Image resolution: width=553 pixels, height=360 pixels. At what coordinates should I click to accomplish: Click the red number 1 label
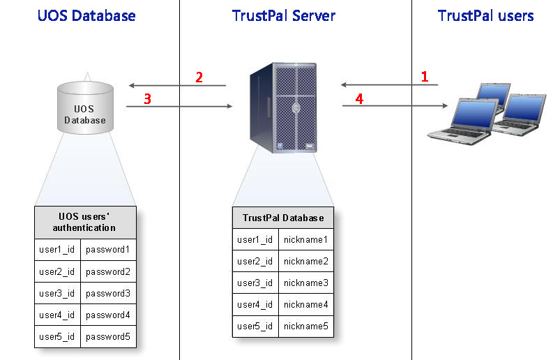coord(425,77)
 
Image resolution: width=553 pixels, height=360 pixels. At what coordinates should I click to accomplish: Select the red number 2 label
coord(199,77)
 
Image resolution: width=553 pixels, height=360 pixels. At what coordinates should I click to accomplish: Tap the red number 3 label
coord(147,99)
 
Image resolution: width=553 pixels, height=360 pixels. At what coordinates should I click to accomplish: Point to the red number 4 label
coord(359,99)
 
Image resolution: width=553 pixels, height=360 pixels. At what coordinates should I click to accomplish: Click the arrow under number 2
coord(177,85)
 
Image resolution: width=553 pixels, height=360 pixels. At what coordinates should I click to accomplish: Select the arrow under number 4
coord(395,105)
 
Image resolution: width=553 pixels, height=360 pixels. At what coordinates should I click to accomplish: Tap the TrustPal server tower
coord(283,107)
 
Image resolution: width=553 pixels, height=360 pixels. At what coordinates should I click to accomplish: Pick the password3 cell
coord(108,293)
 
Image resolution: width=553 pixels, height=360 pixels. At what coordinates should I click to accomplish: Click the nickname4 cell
coord(305,304)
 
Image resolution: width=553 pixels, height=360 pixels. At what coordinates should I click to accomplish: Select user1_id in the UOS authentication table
coord(57,250)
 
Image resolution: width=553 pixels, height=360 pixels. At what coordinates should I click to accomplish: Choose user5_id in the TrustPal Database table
coord(255,326)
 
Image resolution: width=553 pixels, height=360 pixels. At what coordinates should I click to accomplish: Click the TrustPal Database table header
coord(283,218)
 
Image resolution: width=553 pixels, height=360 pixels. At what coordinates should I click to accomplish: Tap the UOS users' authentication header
coord(85,223)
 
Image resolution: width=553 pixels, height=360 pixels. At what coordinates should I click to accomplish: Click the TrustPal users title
coord(485,15)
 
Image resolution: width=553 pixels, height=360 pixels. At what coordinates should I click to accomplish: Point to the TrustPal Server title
coord(284,15)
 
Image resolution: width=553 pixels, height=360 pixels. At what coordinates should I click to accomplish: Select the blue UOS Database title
coord(86,15)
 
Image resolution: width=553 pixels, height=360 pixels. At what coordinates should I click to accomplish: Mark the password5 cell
coord(108,337)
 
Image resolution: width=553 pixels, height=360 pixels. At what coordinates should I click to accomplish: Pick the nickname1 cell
coord(305,239)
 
